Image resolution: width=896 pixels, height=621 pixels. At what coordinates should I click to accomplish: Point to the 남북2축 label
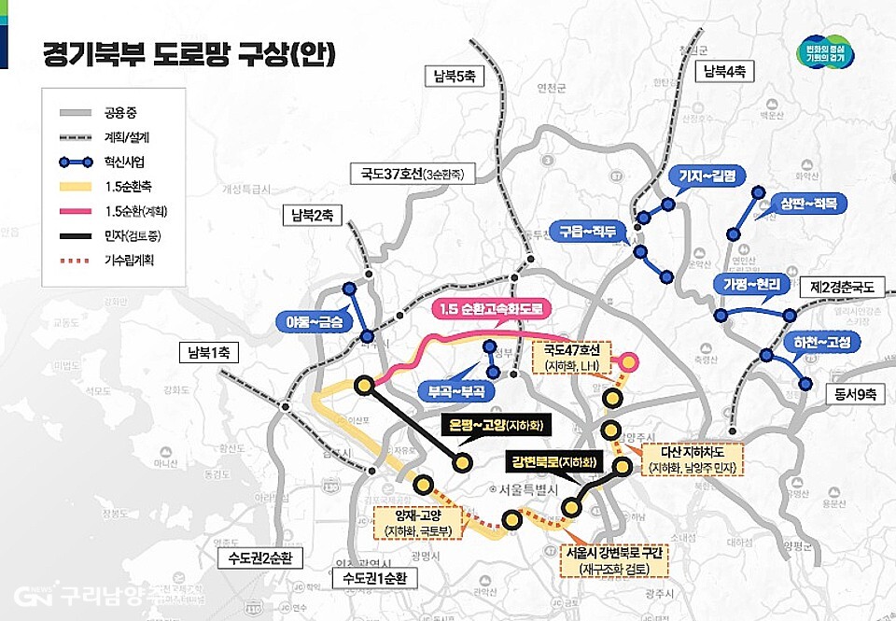[312, 216]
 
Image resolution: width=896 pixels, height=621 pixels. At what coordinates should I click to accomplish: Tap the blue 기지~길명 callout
[707, 176]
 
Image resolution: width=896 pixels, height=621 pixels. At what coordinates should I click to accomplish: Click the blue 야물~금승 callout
[309, 322]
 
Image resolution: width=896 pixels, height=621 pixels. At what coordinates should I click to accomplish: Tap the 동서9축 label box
[851, 394]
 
